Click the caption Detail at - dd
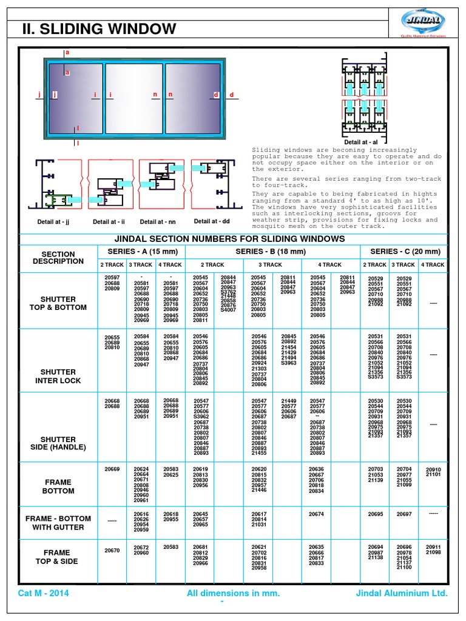[x=211, y=222]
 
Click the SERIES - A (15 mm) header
[x=141, y=252]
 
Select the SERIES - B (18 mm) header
[x=273, y=252]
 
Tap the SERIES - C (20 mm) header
[x=405, y=252]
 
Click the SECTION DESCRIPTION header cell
[x=59, y=258]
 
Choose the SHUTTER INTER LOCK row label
[x=58, y=376]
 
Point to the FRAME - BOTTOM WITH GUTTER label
[x=58, y=523]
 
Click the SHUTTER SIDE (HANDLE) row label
[x=58, y=443]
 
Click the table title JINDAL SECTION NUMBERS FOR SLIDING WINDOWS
[x=233, y=239]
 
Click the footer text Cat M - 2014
[x=44, y=593]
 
